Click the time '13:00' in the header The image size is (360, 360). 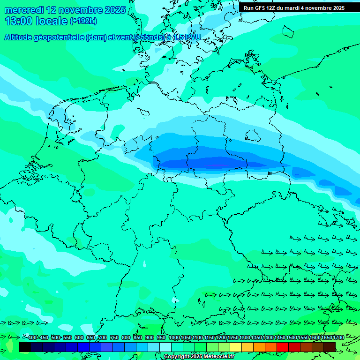point(18,21)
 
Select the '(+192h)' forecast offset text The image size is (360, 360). point(83,21)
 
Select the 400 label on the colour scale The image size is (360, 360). point(32,337)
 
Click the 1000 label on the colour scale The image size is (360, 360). point(174,337)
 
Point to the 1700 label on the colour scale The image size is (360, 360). point(338,337)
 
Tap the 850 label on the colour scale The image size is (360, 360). point(137,337)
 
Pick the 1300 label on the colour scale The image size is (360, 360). point(245,337)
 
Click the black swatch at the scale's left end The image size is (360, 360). point(25,347)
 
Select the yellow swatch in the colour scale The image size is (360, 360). point(236,347)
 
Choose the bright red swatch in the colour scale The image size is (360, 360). point(283,347)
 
